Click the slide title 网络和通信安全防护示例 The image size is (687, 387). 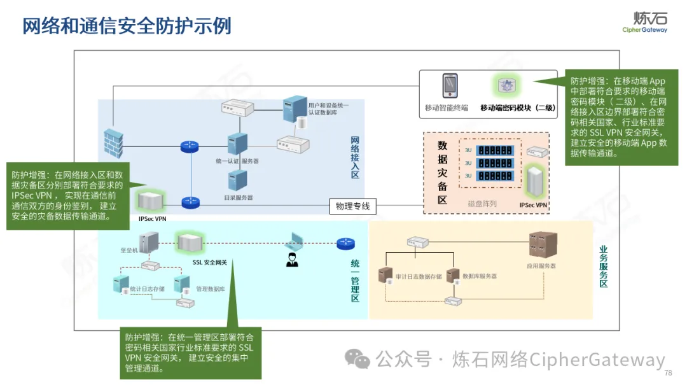pos(127,26)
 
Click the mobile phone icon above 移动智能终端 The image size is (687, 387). pos(450,86)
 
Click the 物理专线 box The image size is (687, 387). pos(353,206)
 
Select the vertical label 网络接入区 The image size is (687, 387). pos(355,157)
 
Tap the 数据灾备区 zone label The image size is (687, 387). pos(443,172)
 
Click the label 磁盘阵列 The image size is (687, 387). pos(482,204)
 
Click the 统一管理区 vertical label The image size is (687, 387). pos(355,280)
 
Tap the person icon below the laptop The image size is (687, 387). pos(292,260)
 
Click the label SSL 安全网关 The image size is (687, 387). pos(210,262)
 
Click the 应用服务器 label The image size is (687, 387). pos(541,265)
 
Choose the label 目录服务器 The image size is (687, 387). pos(239,198)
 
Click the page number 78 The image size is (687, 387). pos(668,373)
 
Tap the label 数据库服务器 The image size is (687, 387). pos(480,276)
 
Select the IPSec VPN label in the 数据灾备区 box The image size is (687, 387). pos(534,205)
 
